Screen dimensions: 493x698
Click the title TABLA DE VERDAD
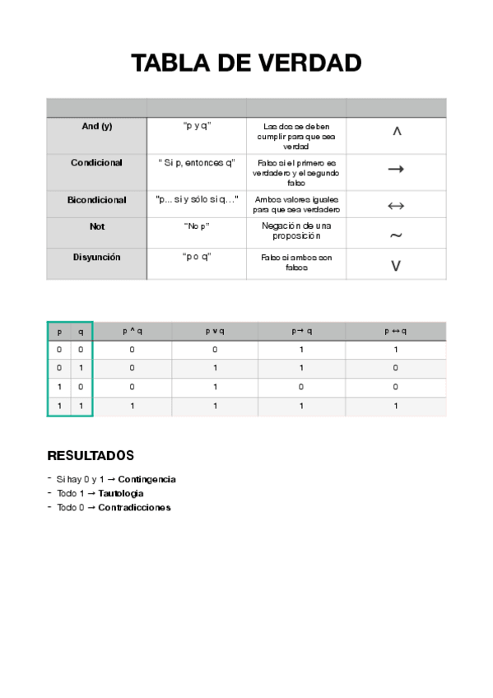[x=246, y=63]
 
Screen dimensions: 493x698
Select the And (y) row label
[x=96, y=127]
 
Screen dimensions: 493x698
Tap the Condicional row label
[x=96, y=163]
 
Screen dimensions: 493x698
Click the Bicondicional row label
[x=96, y=200]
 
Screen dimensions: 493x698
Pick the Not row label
[x=96, y=226]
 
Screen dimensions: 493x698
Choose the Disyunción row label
[x=96, y=258]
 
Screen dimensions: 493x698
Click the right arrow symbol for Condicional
[x=396, y=169]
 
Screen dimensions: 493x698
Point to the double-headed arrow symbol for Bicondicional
[x=396, y=205]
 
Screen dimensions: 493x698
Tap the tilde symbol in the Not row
[x=396, y=235]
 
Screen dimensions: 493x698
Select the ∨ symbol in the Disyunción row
[x=396, y=266]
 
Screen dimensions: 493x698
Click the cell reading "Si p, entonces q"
[x=197, y=163]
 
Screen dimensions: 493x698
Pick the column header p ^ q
[x=132, y=331]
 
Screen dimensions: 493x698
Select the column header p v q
[x=214, y=331]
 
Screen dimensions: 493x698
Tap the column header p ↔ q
[x=396, y=331]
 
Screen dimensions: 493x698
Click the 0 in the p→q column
[x=302, y=387]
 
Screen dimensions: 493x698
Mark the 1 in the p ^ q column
[x=132, y=406]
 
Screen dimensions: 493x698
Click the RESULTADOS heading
[x=91, y=456]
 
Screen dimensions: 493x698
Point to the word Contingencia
[x=147, y=479]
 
